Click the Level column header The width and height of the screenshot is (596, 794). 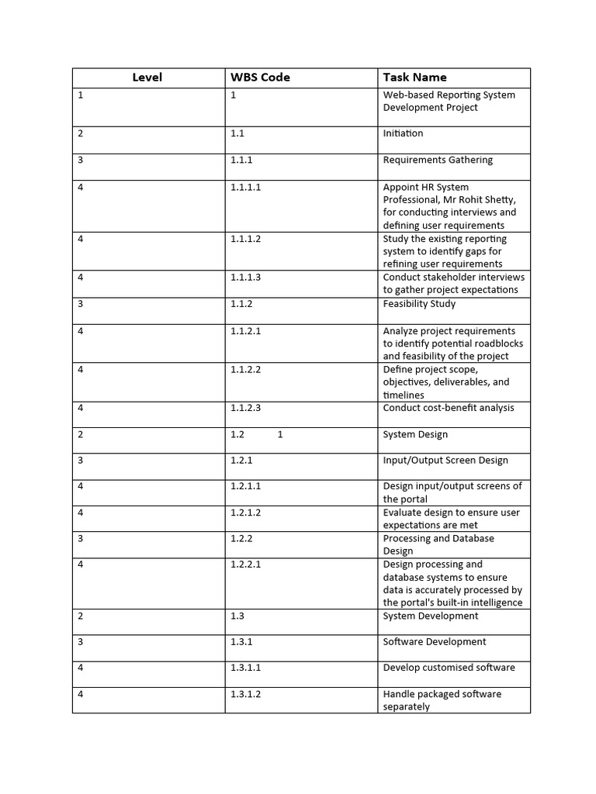coord(147,78)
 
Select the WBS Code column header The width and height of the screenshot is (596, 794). coord(260,78)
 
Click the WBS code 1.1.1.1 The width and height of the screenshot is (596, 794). coord(245,187)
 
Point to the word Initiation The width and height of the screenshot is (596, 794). coord(403,133)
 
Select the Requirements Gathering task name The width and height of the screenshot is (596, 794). coord(438,160)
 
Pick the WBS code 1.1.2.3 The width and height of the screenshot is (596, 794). coord(245,408)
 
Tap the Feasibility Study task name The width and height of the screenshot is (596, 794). coord(419,304)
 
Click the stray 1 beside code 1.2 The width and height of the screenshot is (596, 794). coord(280,434)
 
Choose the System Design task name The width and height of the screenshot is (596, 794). coord(415,434)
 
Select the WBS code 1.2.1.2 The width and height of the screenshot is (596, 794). coord(245,513)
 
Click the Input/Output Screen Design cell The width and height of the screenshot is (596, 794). coord(445,460)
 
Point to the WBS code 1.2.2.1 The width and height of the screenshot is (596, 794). coord(245,564)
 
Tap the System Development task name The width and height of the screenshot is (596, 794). coord(431,616)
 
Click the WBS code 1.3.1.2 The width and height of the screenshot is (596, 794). coord(245,694)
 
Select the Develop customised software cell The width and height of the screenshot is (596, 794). coord(449,668)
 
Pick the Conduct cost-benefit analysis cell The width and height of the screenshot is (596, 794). coord(448,408)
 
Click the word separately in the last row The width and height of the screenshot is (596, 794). coord(406,707)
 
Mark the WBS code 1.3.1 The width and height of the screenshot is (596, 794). coord(241,642)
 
